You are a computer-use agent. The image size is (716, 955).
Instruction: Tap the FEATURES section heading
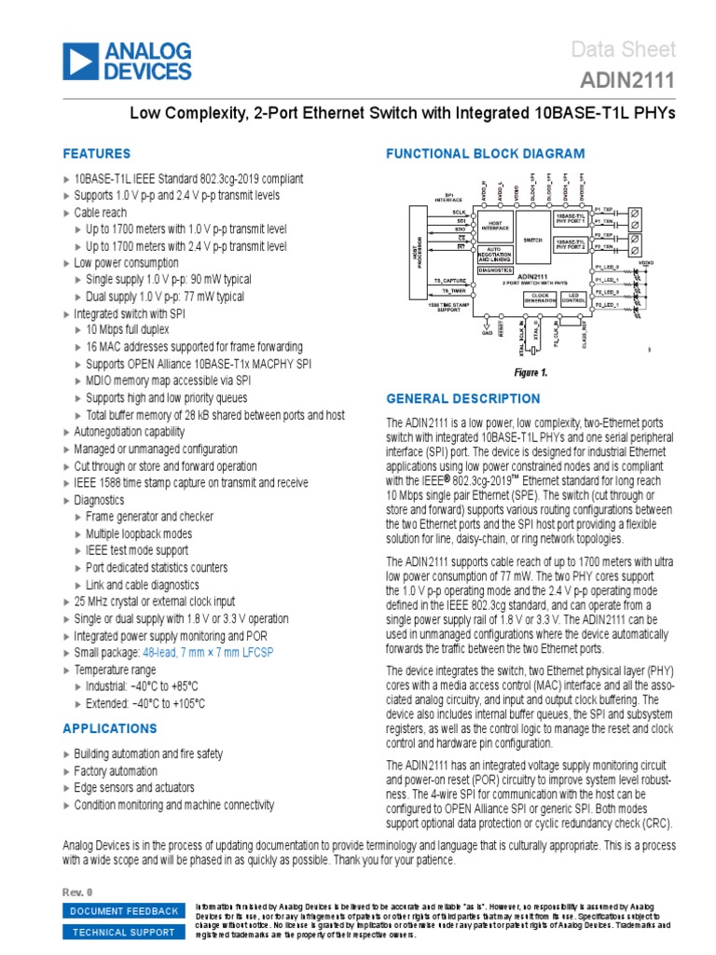[96, 154]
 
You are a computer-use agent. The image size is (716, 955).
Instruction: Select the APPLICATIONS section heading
[110, 728]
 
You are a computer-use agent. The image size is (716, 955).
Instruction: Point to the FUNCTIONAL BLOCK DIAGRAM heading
[486, 154]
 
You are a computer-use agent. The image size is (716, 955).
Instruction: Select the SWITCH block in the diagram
[532, 239]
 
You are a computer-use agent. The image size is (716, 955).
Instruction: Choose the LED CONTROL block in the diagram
[573, 298]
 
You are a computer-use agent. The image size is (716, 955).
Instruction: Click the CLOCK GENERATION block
[539, 298]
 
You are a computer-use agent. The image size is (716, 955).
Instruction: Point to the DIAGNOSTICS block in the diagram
[495, 270]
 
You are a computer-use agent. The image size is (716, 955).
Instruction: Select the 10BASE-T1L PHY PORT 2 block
[570, 244]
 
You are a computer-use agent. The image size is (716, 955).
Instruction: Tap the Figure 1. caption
[531, 373]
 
